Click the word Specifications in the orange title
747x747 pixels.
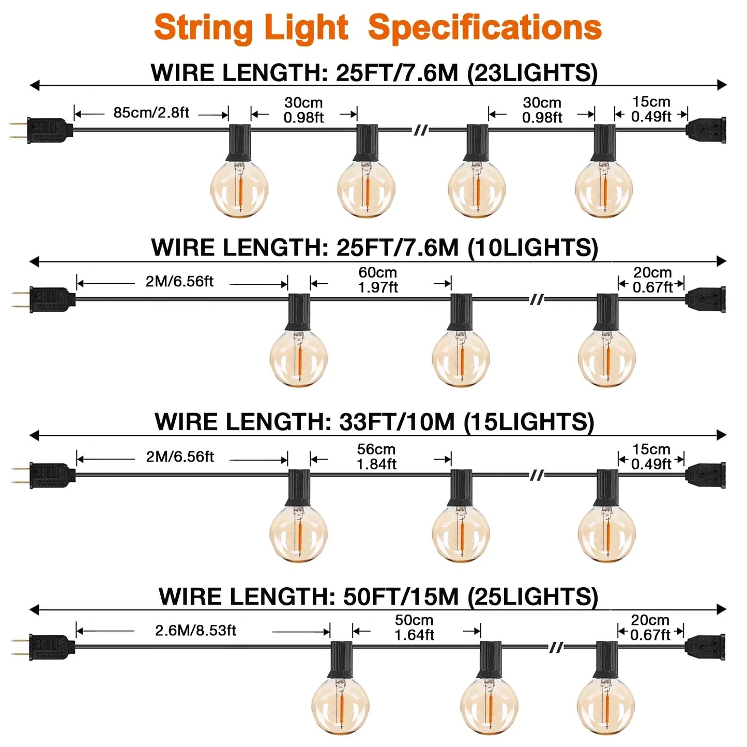coord(484,28)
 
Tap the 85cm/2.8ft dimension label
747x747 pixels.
coord(151,113)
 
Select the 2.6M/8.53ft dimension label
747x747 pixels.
coord(195,631)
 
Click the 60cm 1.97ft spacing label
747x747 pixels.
coord(378,280)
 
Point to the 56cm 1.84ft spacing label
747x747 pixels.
coord(376,456)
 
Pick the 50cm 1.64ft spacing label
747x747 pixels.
coord(414,628)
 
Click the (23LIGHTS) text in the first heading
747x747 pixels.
coord(532,72)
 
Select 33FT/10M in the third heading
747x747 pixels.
coord(397,422)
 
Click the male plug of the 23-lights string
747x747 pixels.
coord(41,130)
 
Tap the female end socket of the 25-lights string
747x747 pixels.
coord(705,648)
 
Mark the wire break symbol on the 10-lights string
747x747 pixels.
coord(537,299)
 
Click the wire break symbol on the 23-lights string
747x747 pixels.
coord(421,130)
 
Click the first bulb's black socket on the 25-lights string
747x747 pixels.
coord(341,661)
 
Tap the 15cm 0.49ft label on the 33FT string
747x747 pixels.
coord(651,456)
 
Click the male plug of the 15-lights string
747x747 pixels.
coord(43,476)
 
